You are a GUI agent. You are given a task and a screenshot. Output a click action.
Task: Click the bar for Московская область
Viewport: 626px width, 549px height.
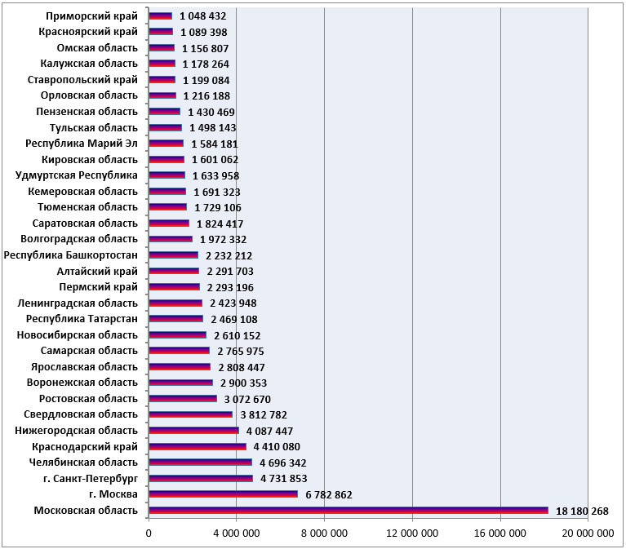click(x=349, y=511)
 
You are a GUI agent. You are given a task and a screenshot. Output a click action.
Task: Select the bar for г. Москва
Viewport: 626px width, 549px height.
click(x=223, y=494)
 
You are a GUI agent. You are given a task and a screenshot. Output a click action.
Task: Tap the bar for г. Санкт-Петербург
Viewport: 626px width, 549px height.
click(x=201, y=478)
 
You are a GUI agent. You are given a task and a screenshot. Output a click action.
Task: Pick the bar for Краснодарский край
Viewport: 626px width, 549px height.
click(x=198, y=446)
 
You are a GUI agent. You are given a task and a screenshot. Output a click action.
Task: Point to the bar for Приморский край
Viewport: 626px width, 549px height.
click(x=160, y=16)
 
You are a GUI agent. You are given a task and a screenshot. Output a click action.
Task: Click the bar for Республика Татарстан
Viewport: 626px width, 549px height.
click(x=175, y=319)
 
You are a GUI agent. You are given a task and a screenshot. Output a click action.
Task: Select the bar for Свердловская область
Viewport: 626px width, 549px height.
click(x=190, y=414)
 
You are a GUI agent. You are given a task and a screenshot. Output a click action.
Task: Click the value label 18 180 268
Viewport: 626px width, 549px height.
click(x=582, y=511)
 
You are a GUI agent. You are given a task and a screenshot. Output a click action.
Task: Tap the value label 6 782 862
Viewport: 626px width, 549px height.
click(x=329, y=495)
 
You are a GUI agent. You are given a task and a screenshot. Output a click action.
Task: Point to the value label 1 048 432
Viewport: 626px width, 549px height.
click(x=202, y=16)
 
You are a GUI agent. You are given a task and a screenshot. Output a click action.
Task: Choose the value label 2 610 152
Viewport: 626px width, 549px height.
click(x=238, y=336)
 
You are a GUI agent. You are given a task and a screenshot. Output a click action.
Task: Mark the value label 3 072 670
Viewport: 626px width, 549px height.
click(x=247, y=400)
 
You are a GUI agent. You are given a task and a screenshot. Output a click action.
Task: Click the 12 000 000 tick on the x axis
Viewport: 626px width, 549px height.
click(x=412, y=534)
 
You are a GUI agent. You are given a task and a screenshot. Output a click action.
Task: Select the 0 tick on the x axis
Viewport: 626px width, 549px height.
click(x=149, y=534)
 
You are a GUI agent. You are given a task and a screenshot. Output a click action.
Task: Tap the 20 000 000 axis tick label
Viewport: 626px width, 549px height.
click(x=588, y=534)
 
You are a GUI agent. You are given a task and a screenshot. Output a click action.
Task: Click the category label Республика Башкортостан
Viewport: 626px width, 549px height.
click(x=71, y=255)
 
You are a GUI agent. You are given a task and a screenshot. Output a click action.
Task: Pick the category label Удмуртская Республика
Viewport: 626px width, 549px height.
click(x=76, y=175)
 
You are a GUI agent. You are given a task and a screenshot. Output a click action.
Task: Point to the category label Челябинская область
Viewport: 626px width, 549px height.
click(x=83, y=463)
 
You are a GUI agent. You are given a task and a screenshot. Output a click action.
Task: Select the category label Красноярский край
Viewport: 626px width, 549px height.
click(x=88, y=32)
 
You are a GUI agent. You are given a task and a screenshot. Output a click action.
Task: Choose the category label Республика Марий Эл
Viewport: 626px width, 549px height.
click(x=82, y=144)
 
